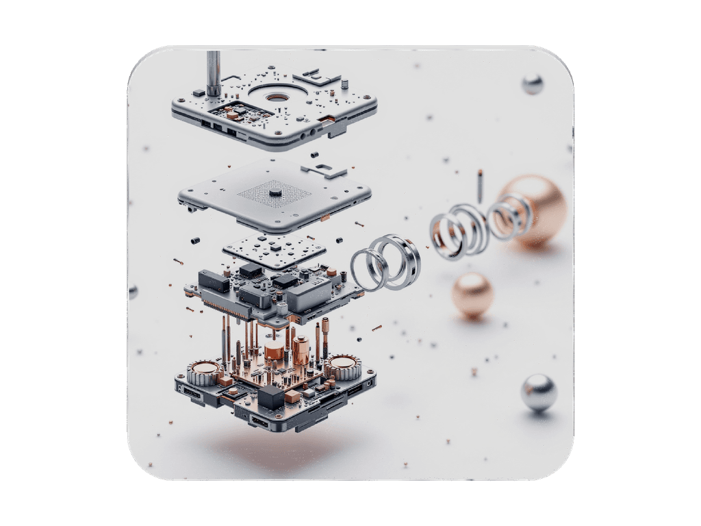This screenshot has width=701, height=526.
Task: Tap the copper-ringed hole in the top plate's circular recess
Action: coord(277,97)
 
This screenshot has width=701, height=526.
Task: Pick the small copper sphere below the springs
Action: coord(472,294)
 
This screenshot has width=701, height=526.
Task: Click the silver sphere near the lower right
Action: coord(539,392)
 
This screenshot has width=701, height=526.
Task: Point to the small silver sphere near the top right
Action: coord(532,84)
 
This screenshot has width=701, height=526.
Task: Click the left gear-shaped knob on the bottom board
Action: coord(203,373)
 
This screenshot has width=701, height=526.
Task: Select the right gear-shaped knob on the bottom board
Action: coord(343,366)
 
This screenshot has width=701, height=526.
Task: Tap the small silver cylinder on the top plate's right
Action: coord(344,85)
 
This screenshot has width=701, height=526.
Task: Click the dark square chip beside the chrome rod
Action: coord(199,92)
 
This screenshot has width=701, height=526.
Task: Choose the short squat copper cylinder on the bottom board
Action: coord(275,352)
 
